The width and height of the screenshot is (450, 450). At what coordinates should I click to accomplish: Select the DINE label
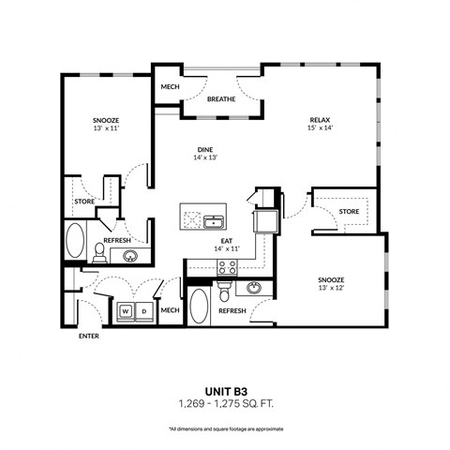(205, 148)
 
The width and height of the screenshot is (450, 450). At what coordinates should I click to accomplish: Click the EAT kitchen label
(227, 239)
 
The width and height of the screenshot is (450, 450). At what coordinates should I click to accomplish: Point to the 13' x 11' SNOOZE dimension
(104, 129)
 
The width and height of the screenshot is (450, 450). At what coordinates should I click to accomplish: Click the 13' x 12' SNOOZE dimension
(331, 290)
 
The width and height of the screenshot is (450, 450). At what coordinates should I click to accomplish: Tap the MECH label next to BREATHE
(170, 86)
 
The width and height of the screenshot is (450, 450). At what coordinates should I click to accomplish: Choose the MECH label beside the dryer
(170, 310)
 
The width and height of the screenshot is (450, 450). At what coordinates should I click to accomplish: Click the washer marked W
(125, 310)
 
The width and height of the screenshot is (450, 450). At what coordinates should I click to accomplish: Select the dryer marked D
(143, 310)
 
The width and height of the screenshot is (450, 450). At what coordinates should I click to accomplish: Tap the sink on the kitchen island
(215, 221)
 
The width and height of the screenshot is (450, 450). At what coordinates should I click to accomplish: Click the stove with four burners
(227, 266)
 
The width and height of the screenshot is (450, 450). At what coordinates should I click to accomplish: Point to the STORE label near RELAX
(349, 212)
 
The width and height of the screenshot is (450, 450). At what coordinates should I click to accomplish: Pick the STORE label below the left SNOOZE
(83, 201)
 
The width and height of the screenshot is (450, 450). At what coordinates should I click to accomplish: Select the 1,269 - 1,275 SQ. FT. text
(225, 404)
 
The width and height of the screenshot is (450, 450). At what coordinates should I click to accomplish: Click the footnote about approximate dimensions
(225, 428)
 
